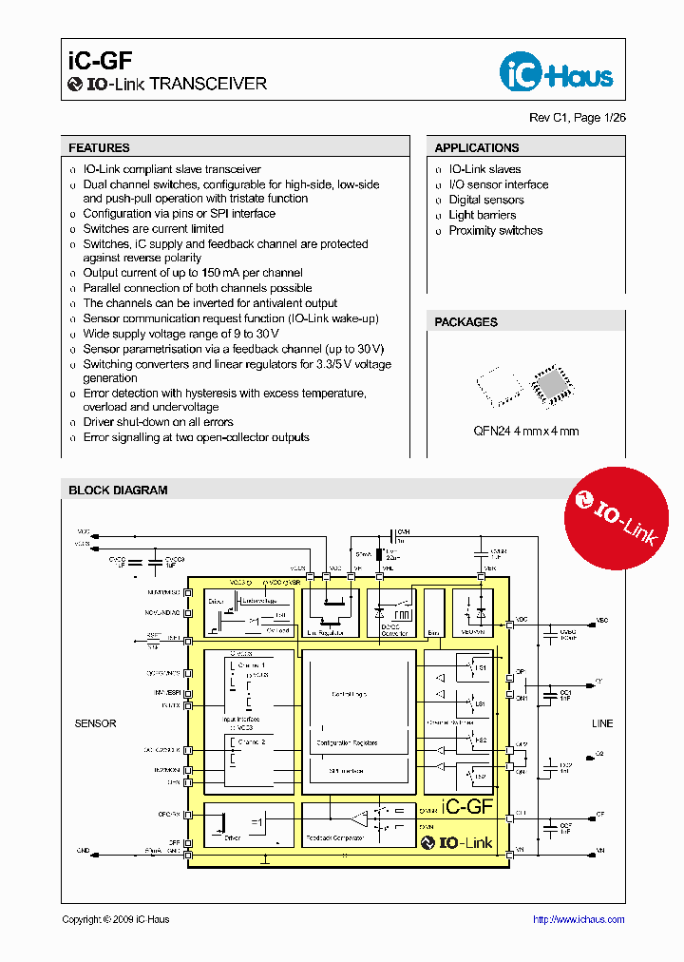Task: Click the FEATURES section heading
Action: coord(99,148)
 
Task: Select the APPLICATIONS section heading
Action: coord(476,148)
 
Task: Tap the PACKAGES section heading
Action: coord(465,322)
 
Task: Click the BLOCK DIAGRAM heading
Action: coord(118,491)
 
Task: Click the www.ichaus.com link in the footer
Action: coord(578,919)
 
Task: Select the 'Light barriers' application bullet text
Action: coord(482,215)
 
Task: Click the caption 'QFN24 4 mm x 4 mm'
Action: coord(525,431)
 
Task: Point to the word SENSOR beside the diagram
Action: coord(95,723)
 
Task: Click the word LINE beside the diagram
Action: coord(602,723)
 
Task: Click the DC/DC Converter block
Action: coord(388,613)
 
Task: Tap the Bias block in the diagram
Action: coord(433,613)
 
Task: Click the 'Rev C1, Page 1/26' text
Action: coord(578,119)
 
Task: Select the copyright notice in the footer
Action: coord(115,919)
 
